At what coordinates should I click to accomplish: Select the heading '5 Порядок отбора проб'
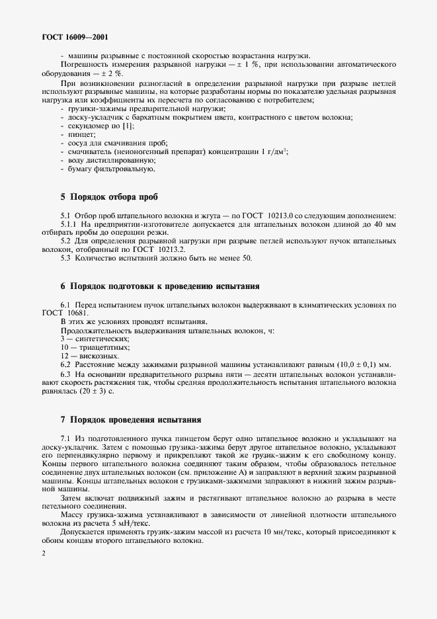(109, 196)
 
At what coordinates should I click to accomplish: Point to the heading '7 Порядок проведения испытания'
(131, 420)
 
